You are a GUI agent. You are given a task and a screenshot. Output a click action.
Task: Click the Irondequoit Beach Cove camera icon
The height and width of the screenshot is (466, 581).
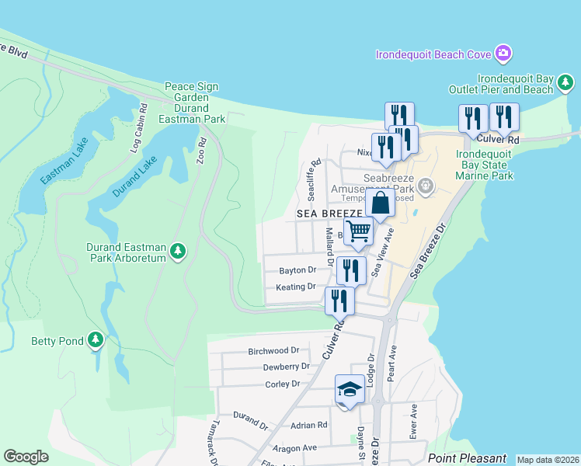point(503,54)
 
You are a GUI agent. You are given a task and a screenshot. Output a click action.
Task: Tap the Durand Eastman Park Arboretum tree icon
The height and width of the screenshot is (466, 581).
point(179,251)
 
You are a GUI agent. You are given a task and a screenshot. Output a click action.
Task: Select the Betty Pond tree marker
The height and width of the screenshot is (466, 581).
point(96,339)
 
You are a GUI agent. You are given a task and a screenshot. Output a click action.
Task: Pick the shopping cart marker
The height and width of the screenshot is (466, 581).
point(358,231)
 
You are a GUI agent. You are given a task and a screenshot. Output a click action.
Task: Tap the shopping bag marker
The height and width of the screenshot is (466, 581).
point(381,204)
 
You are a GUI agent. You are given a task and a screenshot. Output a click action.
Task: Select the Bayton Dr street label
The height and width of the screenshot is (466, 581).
point(297,270)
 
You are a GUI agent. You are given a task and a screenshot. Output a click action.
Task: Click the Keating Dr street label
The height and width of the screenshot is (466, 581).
point(296,287)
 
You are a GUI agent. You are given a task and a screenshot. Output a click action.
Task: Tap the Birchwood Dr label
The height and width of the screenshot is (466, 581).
point(273,351)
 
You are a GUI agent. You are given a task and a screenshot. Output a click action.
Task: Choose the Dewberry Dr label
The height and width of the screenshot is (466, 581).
point(286,367)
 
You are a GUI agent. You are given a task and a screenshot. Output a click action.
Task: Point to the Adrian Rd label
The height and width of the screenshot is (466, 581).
point(309,426)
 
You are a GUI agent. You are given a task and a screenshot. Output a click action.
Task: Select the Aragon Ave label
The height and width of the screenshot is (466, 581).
point(294,448)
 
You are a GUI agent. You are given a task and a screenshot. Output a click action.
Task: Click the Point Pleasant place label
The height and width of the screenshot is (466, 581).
point(467,458)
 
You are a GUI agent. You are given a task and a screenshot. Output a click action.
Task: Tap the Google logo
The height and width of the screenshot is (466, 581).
point(26,457)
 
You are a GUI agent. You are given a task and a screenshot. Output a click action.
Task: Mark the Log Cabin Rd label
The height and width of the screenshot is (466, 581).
point(139,127)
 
